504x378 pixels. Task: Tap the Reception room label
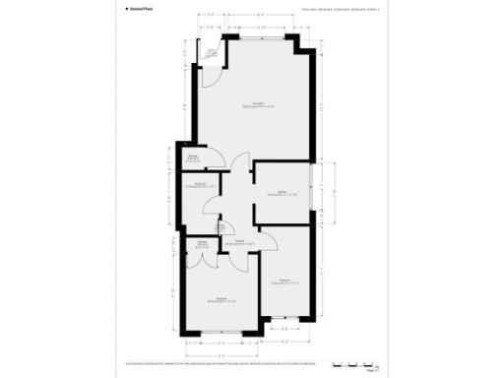click(259, 104)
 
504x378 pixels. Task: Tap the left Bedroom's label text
click(221, 299)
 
